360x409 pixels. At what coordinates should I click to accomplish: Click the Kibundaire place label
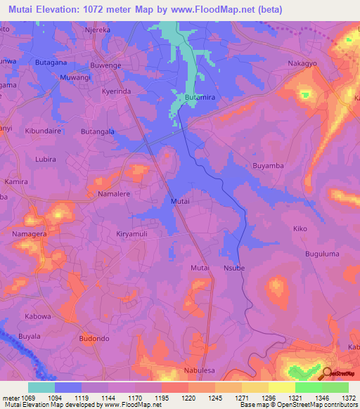(44, 131)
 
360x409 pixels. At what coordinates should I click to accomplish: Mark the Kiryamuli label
(133, 233)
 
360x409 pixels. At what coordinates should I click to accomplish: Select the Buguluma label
(322, 254)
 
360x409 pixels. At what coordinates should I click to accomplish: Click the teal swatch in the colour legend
(41, 387)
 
